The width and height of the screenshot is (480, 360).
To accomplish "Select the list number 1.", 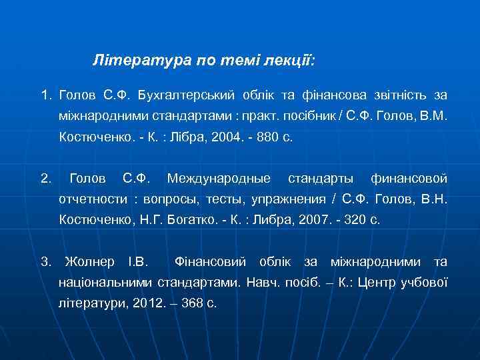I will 45,97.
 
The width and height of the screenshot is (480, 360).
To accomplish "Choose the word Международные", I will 219,179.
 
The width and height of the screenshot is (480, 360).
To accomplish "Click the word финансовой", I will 409,179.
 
